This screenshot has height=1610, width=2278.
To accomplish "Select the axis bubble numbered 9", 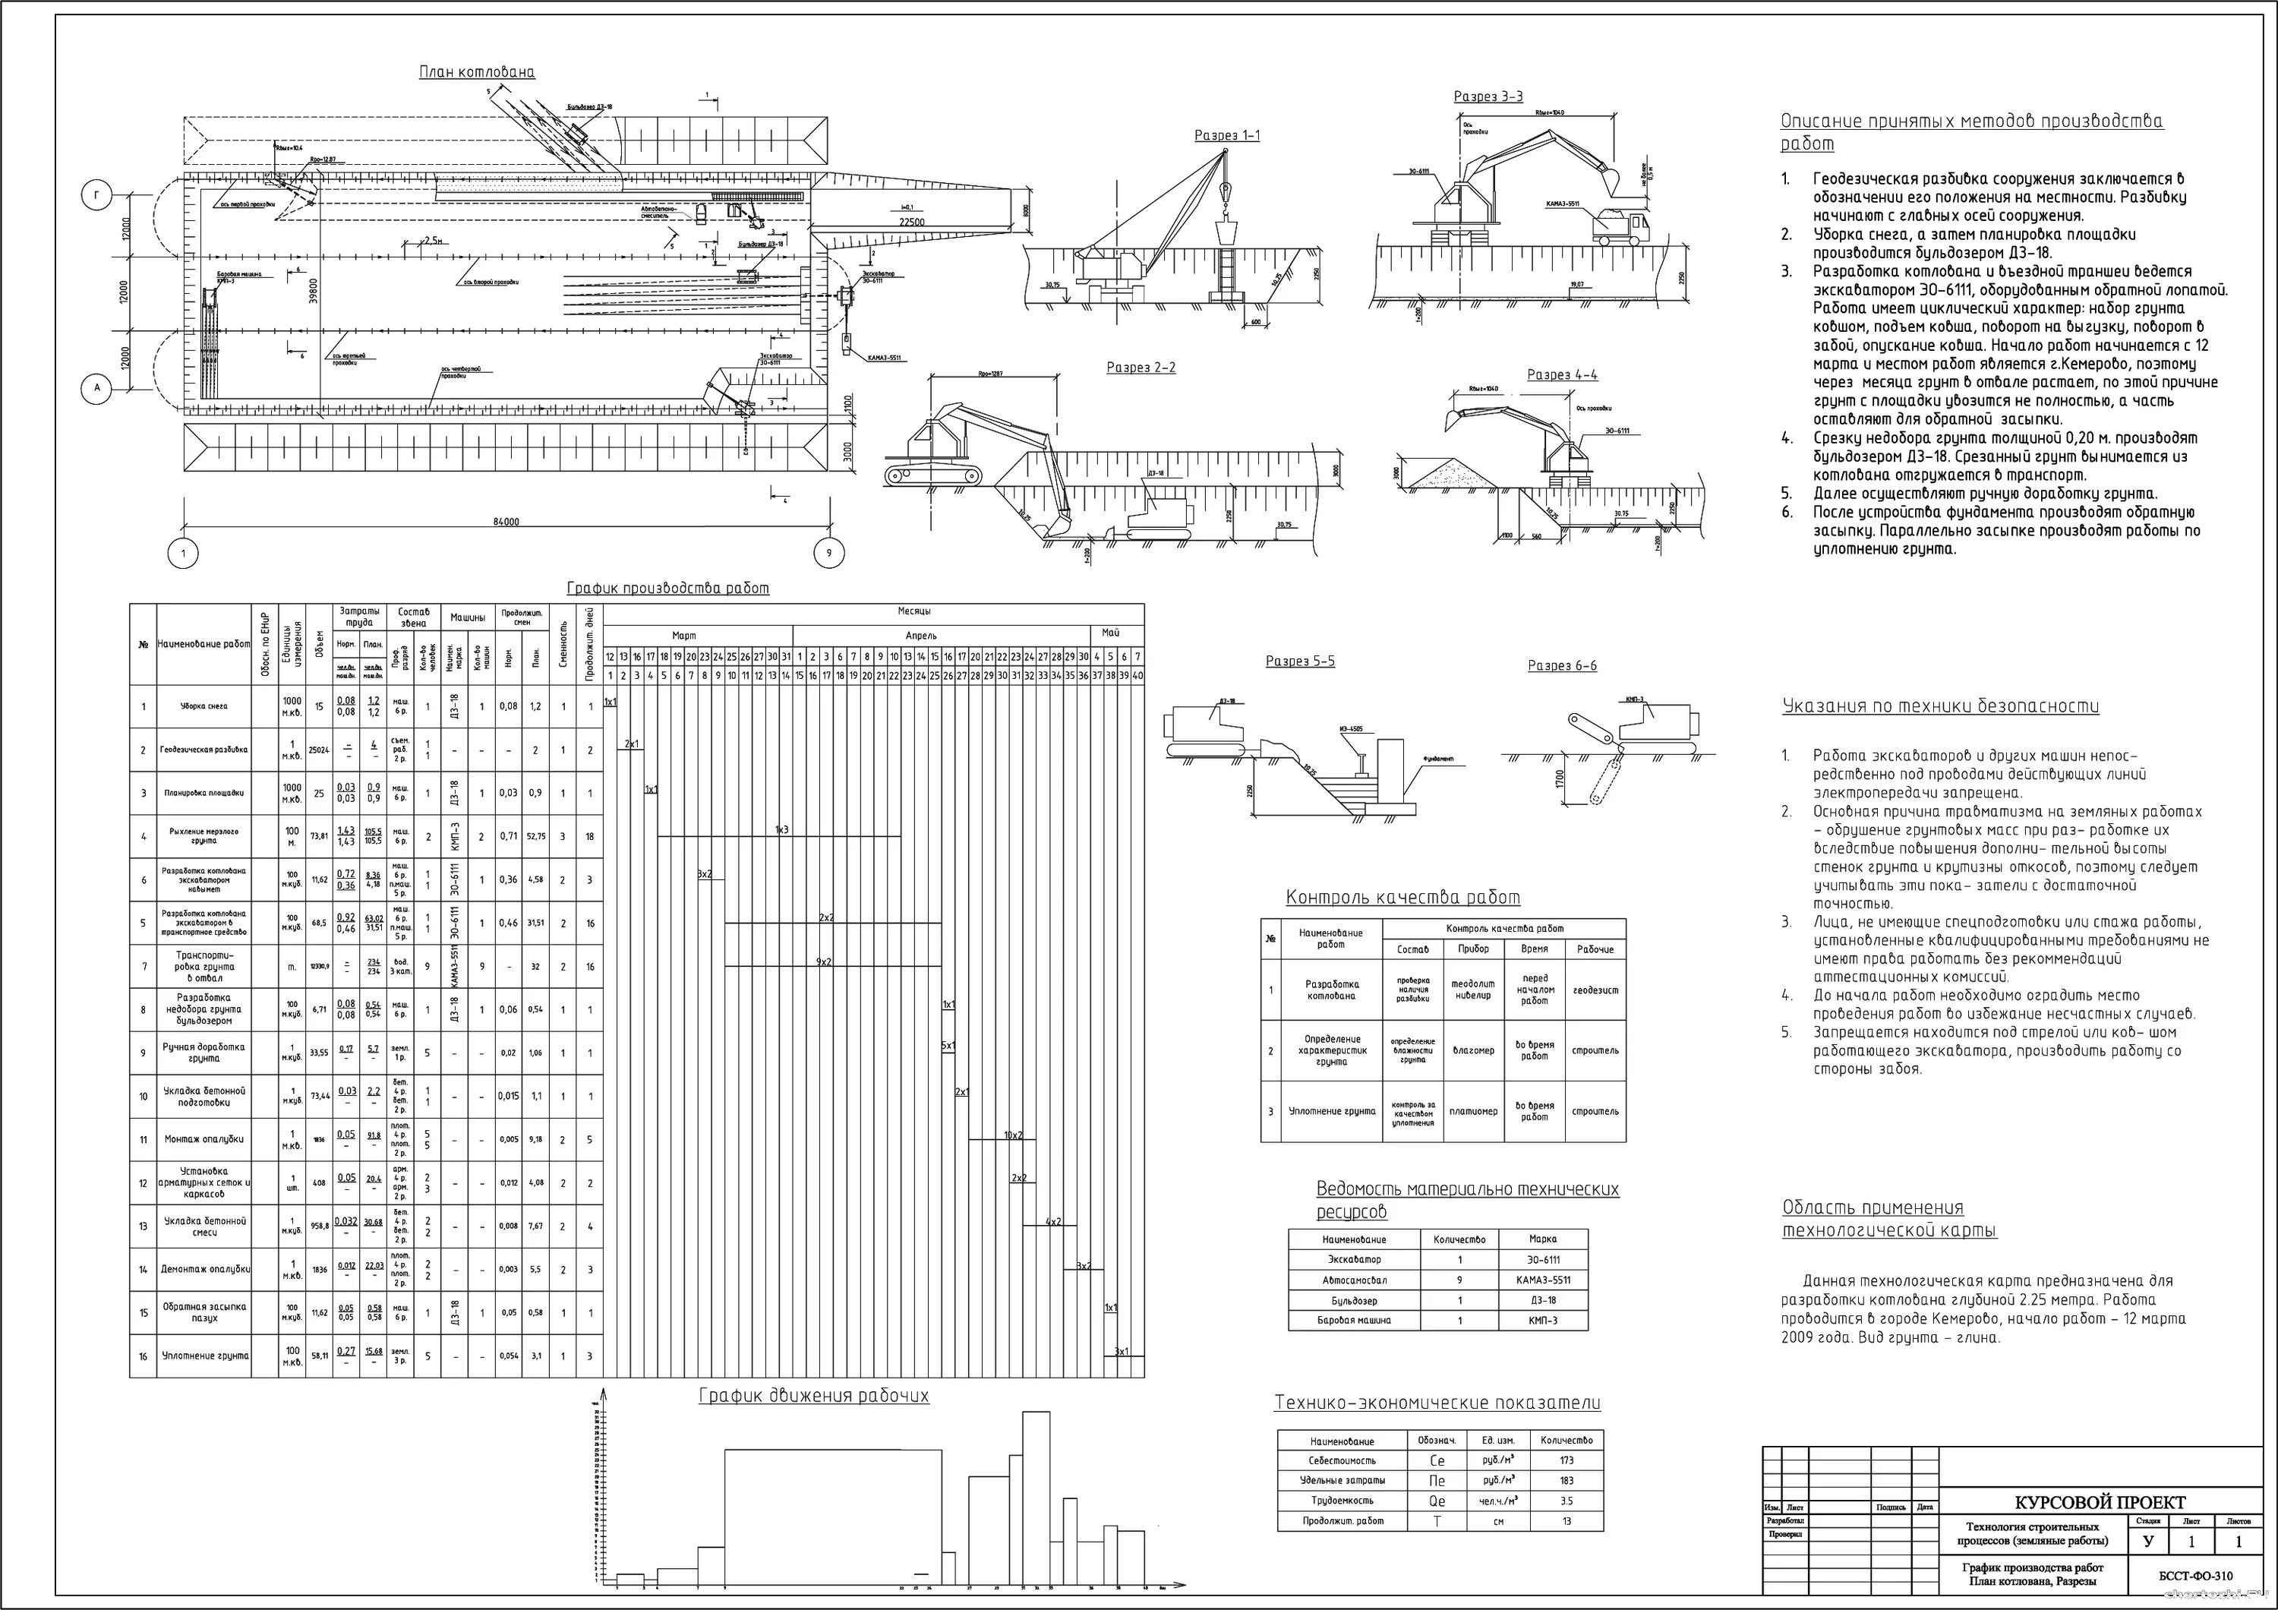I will (829, 554).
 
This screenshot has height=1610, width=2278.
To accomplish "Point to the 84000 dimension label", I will (506, 522).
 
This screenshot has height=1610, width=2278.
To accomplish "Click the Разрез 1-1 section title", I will (1226, 136).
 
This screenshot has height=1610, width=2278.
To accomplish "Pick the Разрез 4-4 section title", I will (1562, 375).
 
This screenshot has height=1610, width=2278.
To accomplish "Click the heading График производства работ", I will (667, 589).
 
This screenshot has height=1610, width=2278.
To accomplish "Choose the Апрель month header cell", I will (921, 636).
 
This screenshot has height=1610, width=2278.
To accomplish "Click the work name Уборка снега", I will (204, 707).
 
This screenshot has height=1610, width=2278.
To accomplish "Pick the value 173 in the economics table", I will (1567, 1460).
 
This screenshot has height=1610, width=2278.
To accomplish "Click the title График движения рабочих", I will (813, 1397).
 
